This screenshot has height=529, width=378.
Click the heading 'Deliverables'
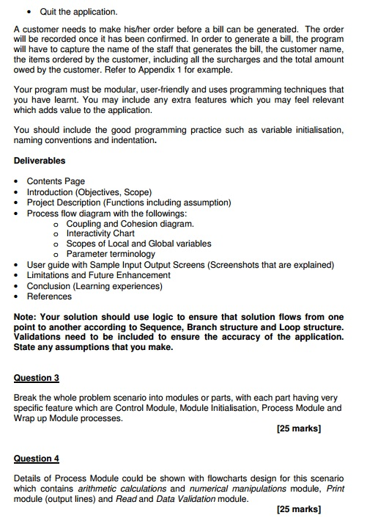coord(40,161)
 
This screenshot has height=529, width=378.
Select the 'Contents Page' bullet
coord(56,181)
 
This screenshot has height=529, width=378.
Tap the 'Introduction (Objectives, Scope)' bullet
coord(89,192)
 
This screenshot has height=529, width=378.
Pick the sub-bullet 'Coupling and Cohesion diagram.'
coord(130,223)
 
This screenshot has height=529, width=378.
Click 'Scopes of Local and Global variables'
coord(138,244)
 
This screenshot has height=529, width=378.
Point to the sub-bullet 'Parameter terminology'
coord(111,254)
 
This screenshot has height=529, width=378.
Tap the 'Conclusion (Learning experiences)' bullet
coord(94,286)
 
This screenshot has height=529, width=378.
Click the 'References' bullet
coord(49,296)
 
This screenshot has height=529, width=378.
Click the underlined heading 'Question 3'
coord(37,378)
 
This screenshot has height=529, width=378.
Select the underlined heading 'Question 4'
coord(37,459)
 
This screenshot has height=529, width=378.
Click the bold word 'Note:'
coord(27,317)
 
